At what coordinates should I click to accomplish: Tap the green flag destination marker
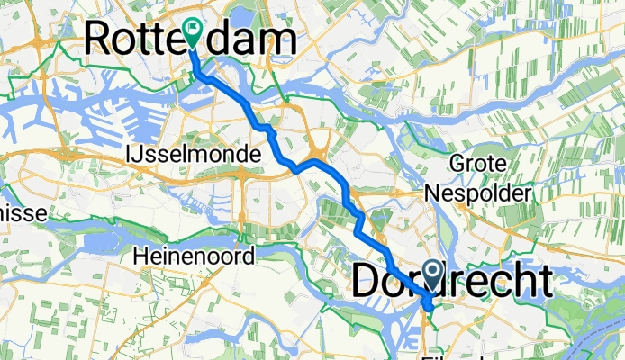point(193,33)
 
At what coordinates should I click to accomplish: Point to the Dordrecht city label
point(451,283)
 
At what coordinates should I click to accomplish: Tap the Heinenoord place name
point(193,256)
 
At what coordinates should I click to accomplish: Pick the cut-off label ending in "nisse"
point(23,215)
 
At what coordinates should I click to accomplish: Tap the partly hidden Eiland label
point(459,354)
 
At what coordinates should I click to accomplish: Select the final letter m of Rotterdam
point(279,40)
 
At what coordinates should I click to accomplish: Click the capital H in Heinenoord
point(140,256)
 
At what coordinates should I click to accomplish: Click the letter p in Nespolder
point(476,194)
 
